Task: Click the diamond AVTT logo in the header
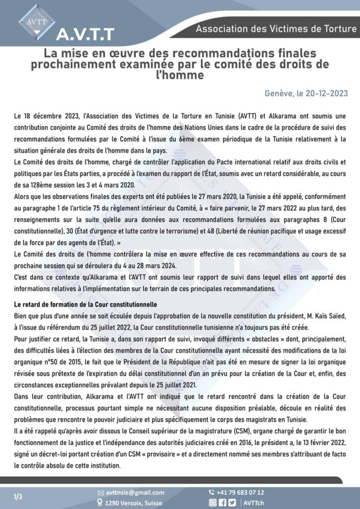(x=37, y=21)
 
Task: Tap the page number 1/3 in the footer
(x=18, y=497)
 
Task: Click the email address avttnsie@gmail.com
(x=135, y=493)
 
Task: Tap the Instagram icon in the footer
(x=212, y=503)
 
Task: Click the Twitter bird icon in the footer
(x=232, y=503)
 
